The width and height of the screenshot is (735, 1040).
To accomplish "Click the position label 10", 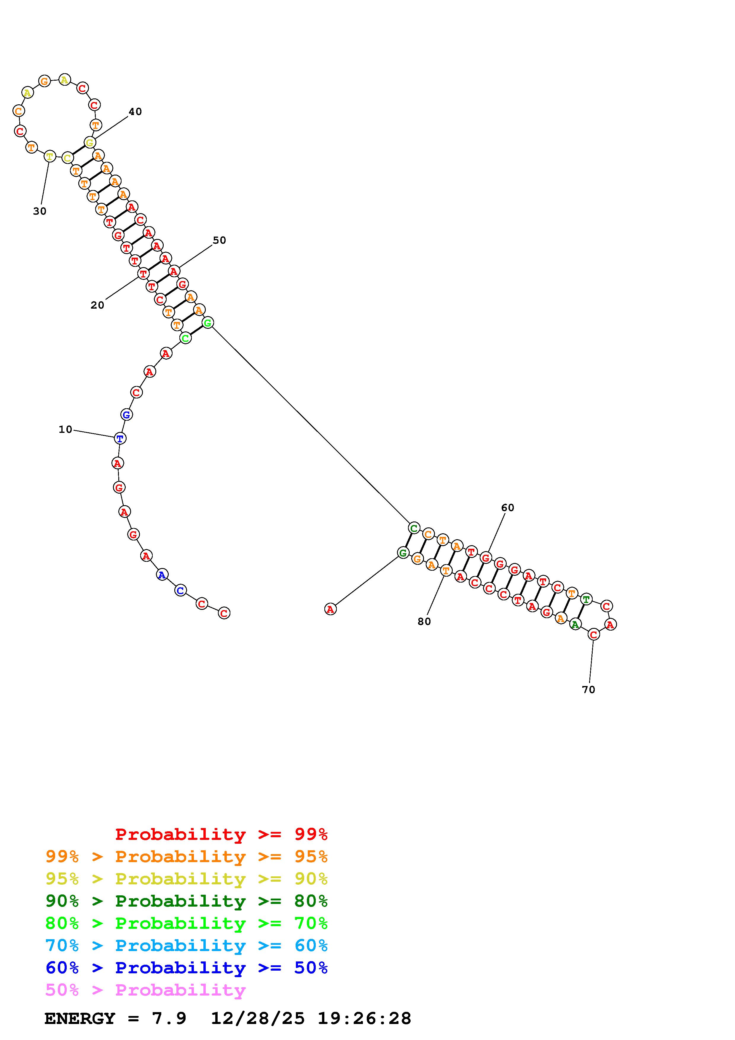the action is tap(65, 429).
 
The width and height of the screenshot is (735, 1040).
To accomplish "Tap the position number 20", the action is tap(97, 305).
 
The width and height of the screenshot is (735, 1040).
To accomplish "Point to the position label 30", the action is tap(40, 211).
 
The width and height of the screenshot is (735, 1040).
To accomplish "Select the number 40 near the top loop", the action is tap(135, 111).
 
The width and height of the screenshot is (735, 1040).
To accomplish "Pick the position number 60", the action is tap(508, 508).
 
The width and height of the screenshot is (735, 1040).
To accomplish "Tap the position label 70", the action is tap(588, 689).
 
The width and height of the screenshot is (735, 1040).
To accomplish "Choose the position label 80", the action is tap(424, 621).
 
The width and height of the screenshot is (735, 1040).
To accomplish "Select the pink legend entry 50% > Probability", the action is tap(145, 990).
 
